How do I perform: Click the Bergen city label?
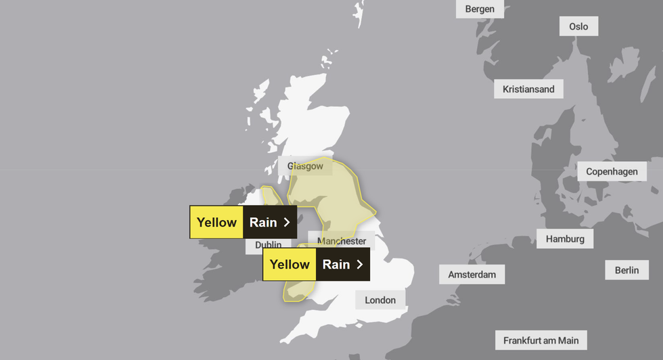(480, 9)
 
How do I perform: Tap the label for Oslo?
(578, 26)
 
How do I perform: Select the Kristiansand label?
(528, 89)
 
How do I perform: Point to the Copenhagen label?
(612, 171)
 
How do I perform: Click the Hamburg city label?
(565, 238)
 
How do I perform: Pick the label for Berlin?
(626, 270)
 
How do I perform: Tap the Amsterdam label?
(472, 274)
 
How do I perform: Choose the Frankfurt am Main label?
(541, 340)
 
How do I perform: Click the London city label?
(380, 300)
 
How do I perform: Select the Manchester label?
(342, 241)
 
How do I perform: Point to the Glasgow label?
(305, 166)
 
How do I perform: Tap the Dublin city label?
(269, 245)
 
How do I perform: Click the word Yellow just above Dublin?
(216, 222)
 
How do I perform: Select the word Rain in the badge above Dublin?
(263, 222)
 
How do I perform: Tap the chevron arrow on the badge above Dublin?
(287, 222)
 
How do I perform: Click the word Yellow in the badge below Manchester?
(290, 264)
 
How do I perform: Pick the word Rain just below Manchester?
(336, 264)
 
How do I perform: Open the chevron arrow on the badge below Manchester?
(360, 264)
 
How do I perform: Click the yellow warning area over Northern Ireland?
(271, 196)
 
